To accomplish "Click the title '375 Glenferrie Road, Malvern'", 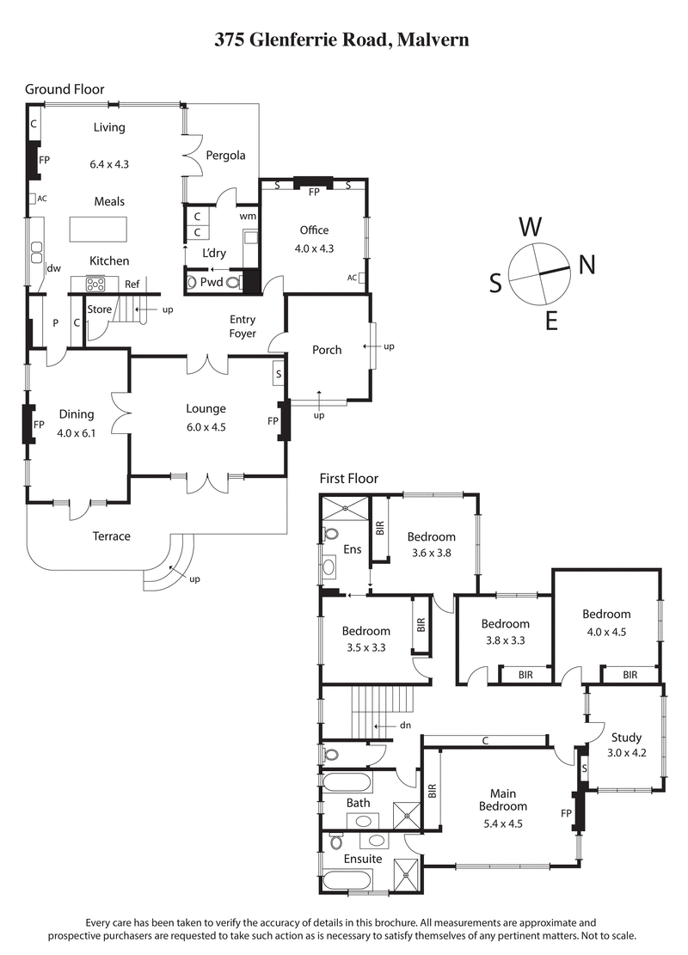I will point(341,40).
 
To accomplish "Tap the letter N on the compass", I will point(587,266).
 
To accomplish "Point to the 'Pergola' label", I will point(225,156).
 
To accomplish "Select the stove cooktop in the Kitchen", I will point(94,283).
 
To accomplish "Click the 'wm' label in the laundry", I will point(249,216).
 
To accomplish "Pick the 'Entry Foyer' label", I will point(243,327).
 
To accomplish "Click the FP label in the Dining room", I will point(38,425).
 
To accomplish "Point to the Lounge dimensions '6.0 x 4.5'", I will point(206,426).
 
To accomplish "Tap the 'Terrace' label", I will point(111,536).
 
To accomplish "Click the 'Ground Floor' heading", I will point(64,89).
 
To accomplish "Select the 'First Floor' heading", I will point(349,479).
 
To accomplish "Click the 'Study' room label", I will point(626,738).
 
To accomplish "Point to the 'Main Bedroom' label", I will point(503,799).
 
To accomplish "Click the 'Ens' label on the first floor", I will point(353,549).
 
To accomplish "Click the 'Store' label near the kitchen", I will point(100,309).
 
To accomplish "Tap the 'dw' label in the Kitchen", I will point(53,268).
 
